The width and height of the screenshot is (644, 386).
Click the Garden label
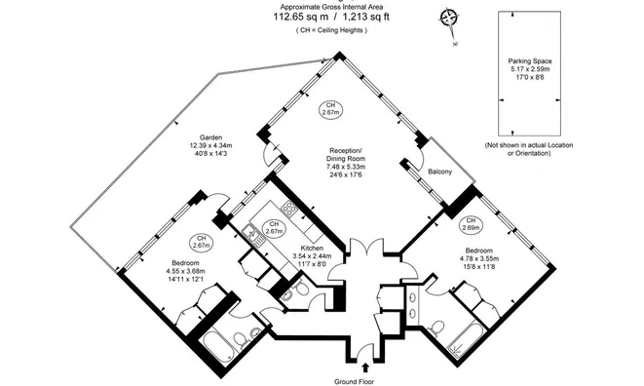(212, 137)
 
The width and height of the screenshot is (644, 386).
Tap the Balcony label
(439, 172)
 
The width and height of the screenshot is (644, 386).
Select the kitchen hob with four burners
(289, 208)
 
